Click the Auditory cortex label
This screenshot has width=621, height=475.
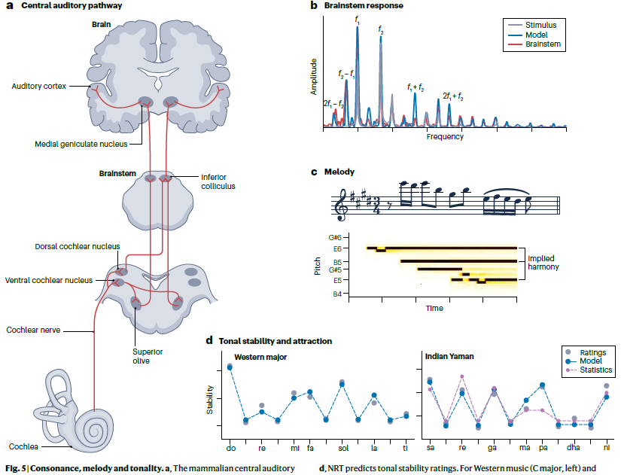click(x=39, y=87)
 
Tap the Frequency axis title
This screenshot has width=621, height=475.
click(x=445, y=137)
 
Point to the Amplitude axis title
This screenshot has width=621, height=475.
click(x=314, y=78)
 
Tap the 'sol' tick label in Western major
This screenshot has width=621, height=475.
click(x=343, y=448)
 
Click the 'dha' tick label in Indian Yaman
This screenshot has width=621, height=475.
click(x=574, y=448)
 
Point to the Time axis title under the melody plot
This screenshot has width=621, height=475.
click(x=434, y=308)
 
